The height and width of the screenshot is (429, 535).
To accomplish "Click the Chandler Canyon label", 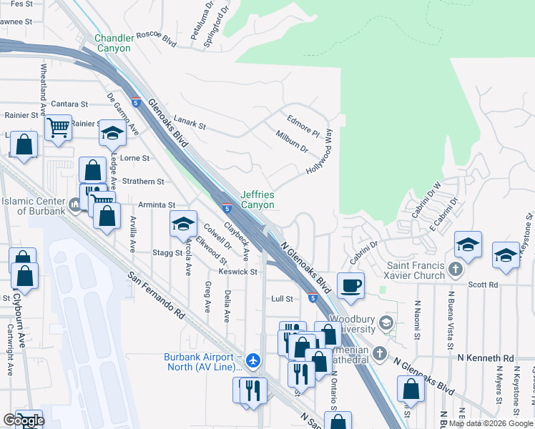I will point(113,43).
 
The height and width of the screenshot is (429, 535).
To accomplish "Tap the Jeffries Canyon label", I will point(257,199).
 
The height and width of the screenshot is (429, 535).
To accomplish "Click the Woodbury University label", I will point(352,325).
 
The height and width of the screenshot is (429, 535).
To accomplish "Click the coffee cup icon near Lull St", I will point(350,285).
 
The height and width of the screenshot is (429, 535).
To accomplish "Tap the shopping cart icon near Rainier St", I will point(58,128).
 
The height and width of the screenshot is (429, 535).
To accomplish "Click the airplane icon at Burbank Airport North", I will point(252,362).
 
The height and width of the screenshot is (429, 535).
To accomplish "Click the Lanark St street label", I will point(190,125).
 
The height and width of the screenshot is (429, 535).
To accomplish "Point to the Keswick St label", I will point(238,272).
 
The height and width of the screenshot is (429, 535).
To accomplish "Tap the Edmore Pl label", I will point(303,127).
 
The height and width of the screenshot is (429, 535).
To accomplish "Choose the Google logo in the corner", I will point(24,421).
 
